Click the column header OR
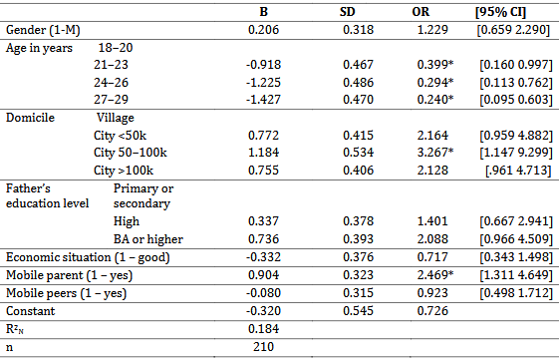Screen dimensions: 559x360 420,12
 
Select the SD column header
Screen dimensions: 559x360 347,12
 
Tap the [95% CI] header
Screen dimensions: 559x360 500,13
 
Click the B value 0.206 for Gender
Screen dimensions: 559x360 263,30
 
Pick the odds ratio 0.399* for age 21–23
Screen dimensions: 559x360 435,65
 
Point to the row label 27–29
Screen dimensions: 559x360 111,99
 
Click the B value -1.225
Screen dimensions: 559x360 263,83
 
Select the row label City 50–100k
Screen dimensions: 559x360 131,153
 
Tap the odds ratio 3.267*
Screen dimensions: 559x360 435,153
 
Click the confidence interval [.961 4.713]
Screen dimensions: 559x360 518,171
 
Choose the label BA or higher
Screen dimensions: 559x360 148,239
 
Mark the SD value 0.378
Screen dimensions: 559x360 359,221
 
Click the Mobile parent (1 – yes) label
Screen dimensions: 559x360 69,275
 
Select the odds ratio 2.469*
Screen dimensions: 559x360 435,275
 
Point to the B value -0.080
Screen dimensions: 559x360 263,293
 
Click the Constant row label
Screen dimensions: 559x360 31,311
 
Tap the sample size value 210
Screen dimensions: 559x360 263,347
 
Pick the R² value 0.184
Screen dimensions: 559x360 263,329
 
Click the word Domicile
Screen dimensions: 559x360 30,118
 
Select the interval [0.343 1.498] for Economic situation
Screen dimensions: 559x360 516,257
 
